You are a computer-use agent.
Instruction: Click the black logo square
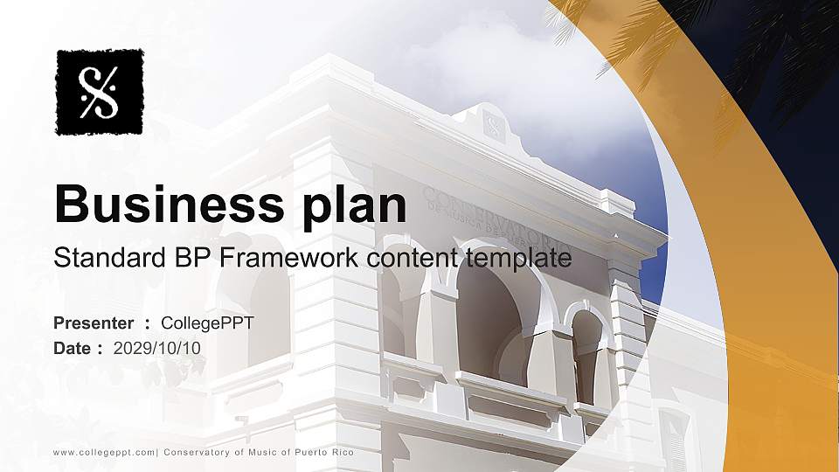click(99, 92)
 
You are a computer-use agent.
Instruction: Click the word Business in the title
click(156, 205)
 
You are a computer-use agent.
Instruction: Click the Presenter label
click(94, 323)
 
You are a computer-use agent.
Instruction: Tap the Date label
click(73, 349)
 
